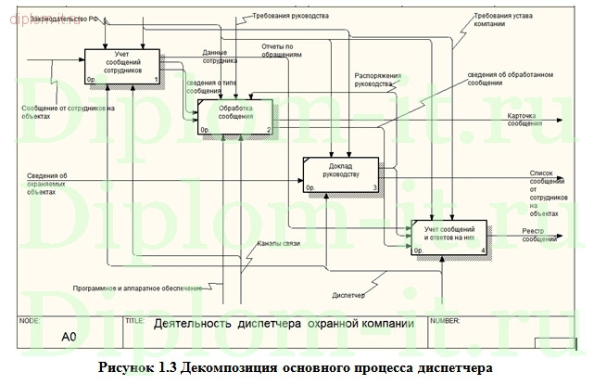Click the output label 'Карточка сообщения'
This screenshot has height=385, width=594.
click(x=524, y=119)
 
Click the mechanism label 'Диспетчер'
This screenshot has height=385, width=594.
click(x=348, y=296)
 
